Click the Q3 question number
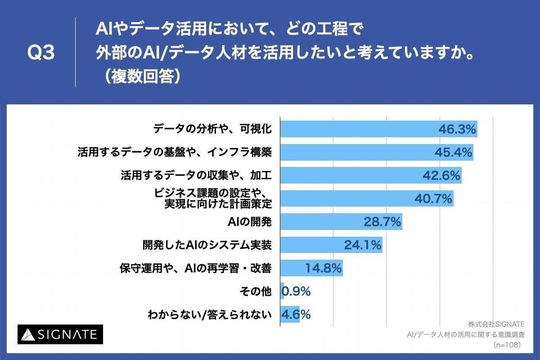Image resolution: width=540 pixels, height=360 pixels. [x=41, y=53]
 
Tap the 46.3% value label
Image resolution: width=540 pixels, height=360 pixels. [x=457, y=130]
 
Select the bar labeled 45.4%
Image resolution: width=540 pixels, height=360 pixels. [x=376, y=153]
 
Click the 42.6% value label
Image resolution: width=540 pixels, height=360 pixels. [x=441, y=176]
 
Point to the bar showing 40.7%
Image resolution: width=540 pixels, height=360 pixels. [x=366, y=199]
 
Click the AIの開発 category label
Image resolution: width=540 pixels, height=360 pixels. [x=250, y=222]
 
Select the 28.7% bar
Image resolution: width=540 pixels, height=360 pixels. [x=341, y=222]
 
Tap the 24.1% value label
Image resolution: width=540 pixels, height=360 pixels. [x=363, y=245]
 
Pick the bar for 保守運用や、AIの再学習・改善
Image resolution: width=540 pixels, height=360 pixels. [x=311, y=268]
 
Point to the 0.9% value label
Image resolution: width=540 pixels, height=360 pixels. [x=296, y=292]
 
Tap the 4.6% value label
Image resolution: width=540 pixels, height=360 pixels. [x=296, y=315]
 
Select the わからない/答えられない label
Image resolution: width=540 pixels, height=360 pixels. [x=210, y=315]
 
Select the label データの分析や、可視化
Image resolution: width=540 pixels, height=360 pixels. [x=212, y=130]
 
